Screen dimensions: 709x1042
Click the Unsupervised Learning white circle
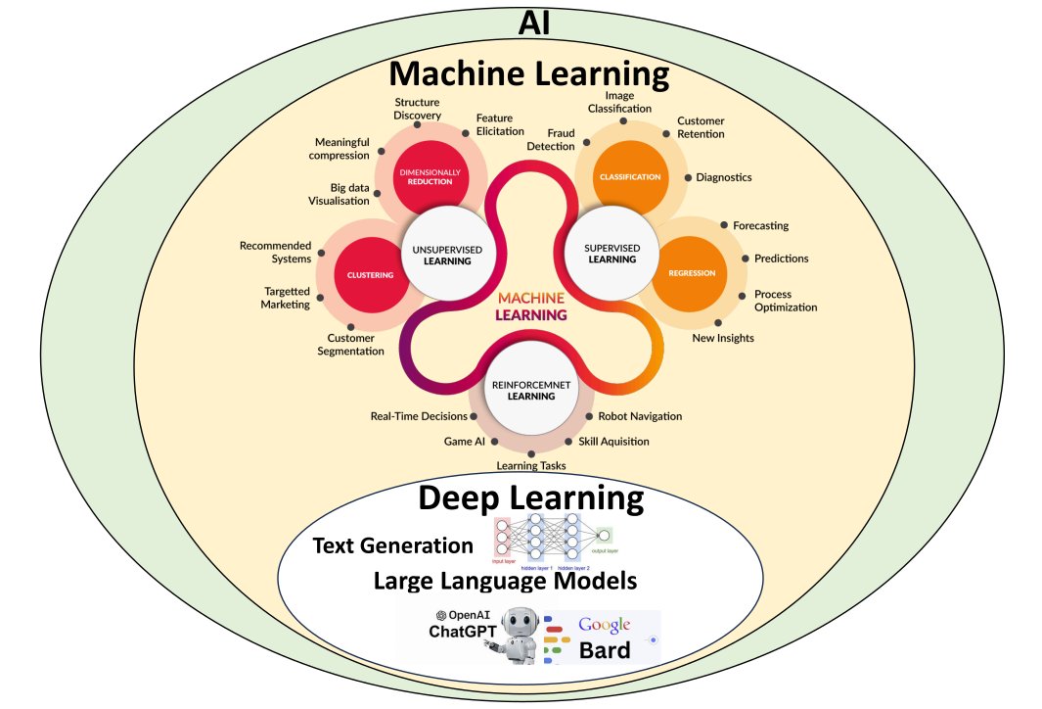[440, 254]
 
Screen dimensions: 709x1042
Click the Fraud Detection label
[551, 139]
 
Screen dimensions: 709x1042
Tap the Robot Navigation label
[640, 416]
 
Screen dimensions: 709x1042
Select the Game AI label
[465, 442]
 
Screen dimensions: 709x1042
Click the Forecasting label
[760, 225]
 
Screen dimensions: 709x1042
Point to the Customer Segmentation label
[350, 345]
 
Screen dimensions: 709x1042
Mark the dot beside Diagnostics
[688, 178]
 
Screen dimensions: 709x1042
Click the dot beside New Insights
[717, 323]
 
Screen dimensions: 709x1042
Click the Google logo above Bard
[604, 625]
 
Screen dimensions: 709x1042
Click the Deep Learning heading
[530, 498]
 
